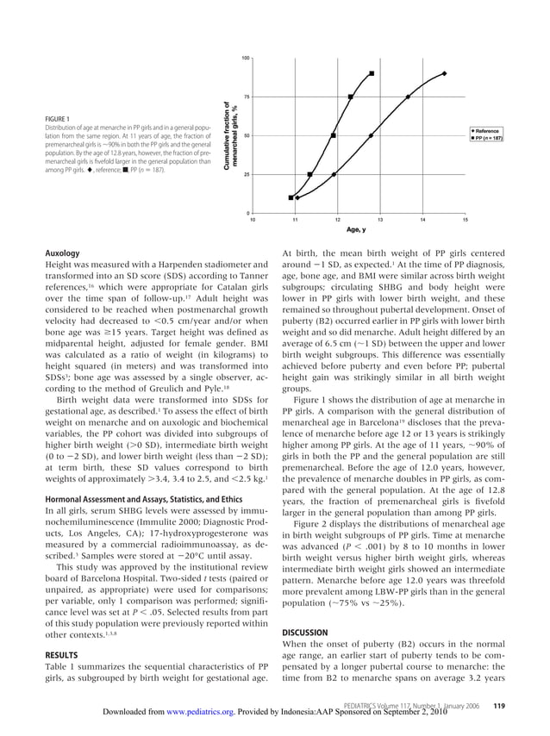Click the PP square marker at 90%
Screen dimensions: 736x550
(372, 73)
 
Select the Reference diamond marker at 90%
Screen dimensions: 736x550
(445, 73)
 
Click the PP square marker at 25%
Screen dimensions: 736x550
(310, 175)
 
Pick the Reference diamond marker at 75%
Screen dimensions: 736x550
(408, 97)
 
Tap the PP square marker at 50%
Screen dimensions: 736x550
(334, 135)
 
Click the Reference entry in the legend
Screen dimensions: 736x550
(488, 129)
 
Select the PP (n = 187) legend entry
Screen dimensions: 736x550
(486, 137)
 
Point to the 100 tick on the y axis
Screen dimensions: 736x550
(245, 58)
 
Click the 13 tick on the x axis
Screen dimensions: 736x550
(379, 221)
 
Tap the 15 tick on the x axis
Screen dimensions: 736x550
(465, 221)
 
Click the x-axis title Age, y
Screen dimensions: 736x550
(356, 230)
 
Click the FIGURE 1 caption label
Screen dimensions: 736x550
(59, 119)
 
